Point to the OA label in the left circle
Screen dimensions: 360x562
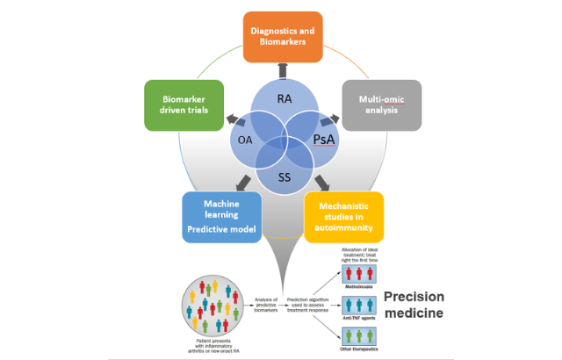click(243, 139)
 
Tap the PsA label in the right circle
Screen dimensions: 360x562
click(324, 139)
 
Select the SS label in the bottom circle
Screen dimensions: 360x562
click(284, 178)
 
